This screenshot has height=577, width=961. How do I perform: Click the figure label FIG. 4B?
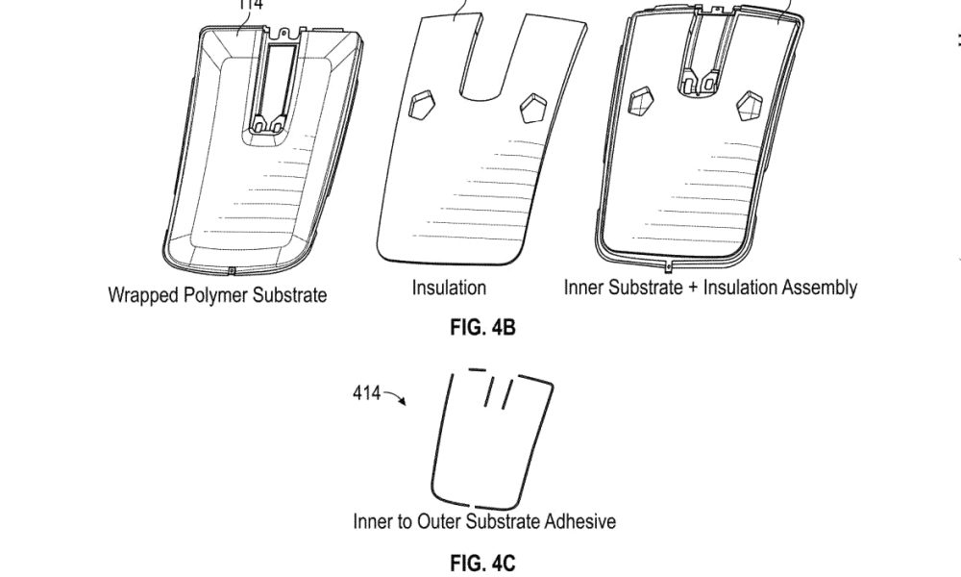[482, 328]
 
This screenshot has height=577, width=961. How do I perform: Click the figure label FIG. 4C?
[482, 563]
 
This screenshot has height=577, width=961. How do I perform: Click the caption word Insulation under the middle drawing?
[449, 288]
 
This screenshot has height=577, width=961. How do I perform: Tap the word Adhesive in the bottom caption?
[579, 521]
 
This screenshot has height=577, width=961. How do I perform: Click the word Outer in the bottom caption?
[438, 521]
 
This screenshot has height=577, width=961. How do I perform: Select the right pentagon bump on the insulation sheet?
[533, 106]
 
